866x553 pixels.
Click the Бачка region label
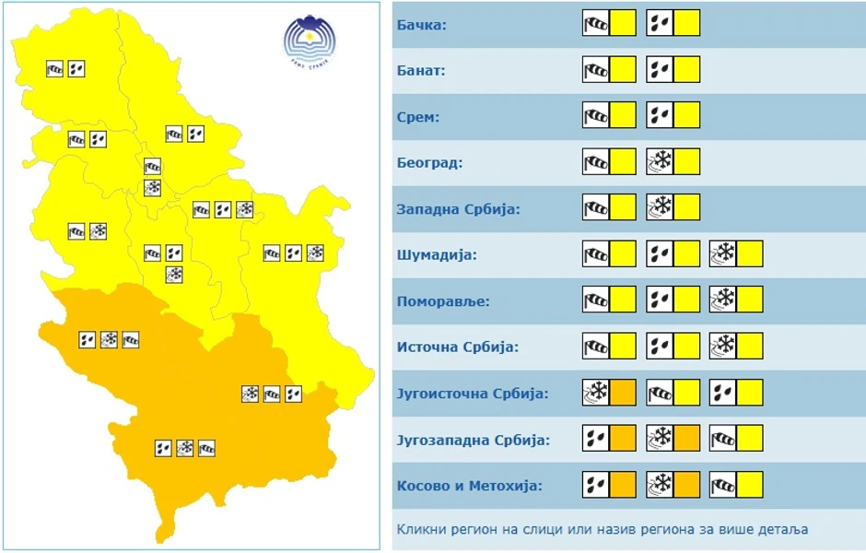click(x=422, y=24)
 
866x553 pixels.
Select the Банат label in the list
click(x=421, y=70)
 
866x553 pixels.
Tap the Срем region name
click(x=417, y=116)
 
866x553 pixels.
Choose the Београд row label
click(x=429, y=163)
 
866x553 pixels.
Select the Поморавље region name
click(x=442, y=301)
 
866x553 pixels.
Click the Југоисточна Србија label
click(x=472, y=394)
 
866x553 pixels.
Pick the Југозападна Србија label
click(x=473, y=440)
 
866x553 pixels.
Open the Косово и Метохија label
click(x=469, y=486)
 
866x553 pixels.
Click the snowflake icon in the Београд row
click(x=660, y=162)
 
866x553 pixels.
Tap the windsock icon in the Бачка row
click(x=596, y=23)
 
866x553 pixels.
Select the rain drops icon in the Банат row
click(x=660, y=69)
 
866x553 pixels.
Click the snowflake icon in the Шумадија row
click(x=723, y=253)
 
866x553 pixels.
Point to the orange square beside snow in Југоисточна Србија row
click(x=624, y=393)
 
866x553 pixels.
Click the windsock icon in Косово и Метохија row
click(x=723, y=484)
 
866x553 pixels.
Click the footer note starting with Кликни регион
click(x=602, y=530)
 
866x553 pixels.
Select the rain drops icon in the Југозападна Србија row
click(x=596, y=438)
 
